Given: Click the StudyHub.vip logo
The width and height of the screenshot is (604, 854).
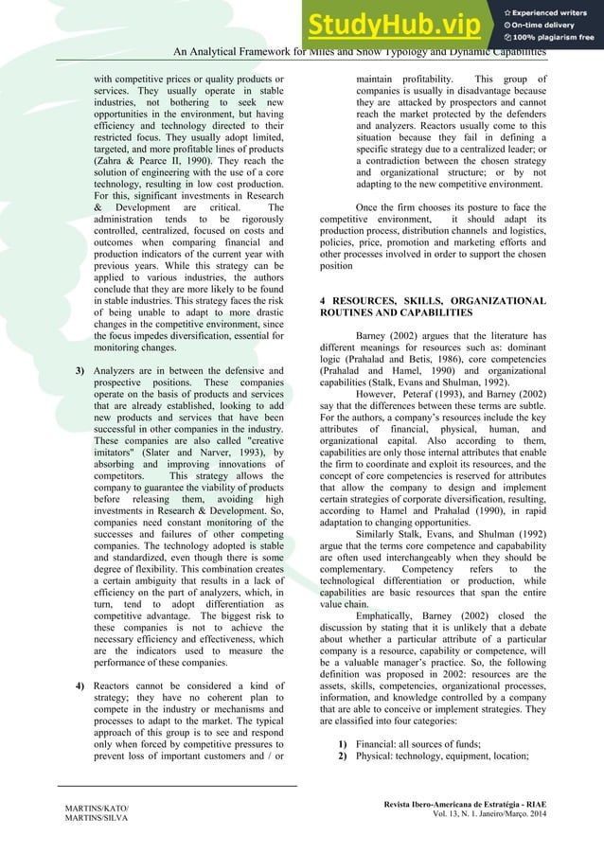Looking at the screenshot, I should [x=402, y=25].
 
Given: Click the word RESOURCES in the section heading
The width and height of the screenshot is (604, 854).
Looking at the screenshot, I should [x=373, y=300].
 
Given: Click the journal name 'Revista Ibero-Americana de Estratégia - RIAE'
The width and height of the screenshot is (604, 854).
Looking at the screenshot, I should [x=467, y=802].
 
